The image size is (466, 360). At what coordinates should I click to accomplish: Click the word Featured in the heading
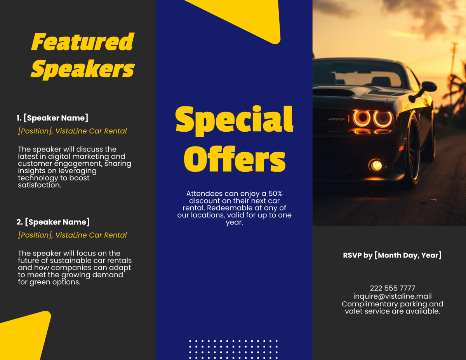click(x=82, y=42)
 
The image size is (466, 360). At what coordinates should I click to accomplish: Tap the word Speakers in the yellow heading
click(x=82, y=70)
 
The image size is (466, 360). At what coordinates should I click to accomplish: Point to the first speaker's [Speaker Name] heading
click(x=52, y=118)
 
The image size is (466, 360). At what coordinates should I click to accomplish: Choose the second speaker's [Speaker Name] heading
click(x=53, y=222)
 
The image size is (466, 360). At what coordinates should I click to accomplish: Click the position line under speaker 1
click(x=72, y=131)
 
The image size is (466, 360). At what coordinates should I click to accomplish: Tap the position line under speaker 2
click(x=72, y=235)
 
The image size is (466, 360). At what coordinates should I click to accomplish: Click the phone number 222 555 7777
click(x=392, y=288)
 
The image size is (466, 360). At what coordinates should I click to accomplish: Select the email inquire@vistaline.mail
click(x=392, y=296)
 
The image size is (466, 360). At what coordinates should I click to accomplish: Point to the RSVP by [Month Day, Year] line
click(x=392, y=255)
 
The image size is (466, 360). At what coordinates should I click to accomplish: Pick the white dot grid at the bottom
click(x=233, y=350)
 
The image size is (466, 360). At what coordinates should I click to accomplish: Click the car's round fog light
click(x=376, y=165)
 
